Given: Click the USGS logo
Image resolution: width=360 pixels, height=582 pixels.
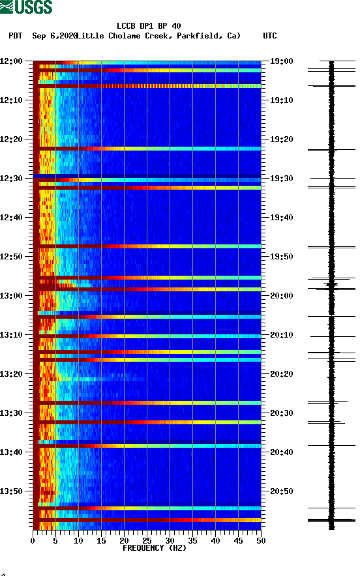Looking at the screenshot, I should click(26, 8).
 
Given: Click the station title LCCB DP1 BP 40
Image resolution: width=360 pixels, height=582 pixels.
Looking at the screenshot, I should click(149, 26).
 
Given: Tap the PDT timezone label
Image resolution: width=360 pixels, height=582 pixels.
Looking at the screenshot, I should click(16, 36).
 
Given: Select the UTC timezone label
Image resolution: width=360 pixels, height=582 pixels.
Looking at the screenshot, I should click(269, 36).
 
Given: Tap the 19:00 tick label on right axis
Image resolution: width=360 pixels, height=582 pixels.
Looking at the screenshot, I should click(281, 61).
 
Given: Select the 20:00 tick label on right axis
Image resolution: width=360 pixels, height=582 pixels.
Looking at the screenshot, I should click(281, 295).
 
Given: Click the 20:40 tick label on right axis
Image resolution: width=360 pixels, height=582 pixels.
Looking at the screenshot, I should click(281, 452).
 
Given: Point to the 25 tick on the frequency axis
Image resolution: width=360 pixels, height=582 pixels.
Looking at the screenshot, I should click(147, 540).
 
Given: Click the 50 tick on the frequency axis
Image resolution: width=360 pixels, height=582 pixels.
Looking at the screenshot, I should click(261, 540).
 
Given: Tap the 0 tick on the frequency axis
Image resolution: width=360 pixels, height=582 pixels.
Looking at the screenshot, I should click(33, 540).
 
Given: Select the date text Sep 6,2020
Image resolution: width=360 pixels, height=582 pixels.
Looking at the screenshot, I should click(54, 36).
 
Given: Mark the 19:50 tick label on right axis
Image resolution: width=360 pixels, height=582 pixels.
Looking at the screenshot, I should click(281, 256).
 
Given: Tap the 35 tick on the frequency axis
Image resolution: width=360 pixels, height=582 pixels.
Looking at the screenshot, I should click(192, 540).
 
